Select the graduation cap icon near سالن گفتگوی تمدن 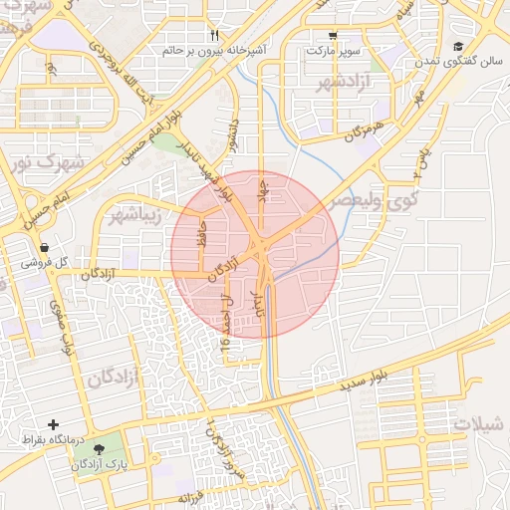click(458, 47)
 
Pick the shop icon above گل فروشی click(44, 248)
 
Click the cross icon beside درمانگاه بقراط click(52, 424)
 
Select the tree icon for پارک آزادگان click(98, 450)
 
